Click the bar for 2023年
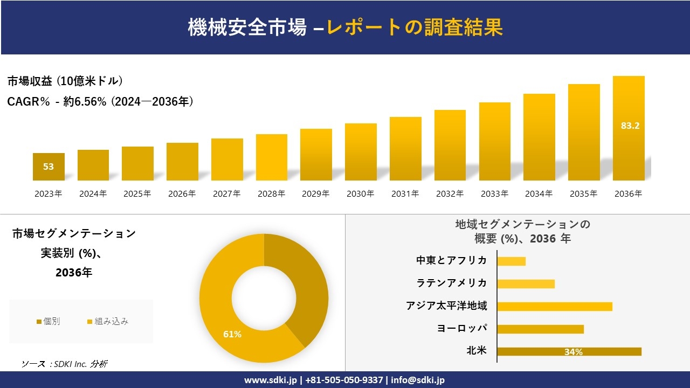point(49,167)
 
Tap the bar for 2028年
point(272,157)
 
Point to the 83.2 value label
point(630,126)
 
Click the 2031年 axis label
point(405,194)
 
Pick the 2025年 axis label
point(137,194)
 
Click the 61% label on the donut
point(232,334)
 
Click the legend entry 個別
point(48,322)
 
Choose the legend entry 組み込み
point(108,322)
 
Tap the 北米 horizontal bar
point(569,351)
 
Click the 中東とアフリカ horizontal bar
point(511,261)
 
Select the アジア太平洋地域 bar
point(555,307)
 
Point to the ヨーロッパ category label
point(462,328)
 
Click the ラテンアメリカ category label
point(452,283)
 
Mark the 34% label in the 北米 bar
point(573,352)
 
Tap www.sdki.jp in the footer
point(270,380)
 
